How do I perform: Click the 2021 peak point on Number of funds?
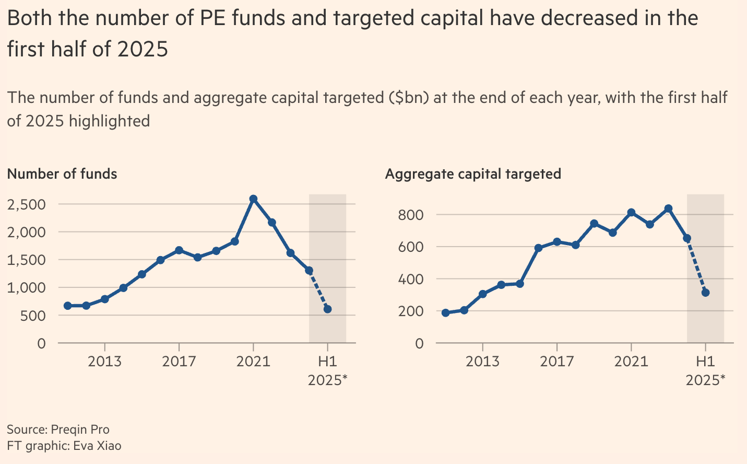point(253,199)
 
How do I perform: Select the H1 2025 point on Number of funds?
point(327,309)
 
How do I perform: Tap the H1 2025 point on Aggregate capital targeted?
point(705,293)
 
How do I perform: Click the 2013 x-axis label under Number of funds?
point(105,362)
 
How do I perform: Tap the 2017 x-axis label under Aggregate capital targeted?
point(557,362)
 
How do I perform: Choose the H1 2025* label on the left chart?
point(327,370)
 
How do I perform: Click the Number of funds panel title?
point(62,174)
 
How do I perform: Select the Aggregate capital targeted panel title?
point(473,174)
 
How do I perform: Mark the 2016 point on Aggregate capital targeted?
point(538,248)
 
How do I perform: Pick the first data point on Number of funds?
point(68,306)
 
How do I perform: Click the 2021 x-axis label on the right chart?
point(631,362)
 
